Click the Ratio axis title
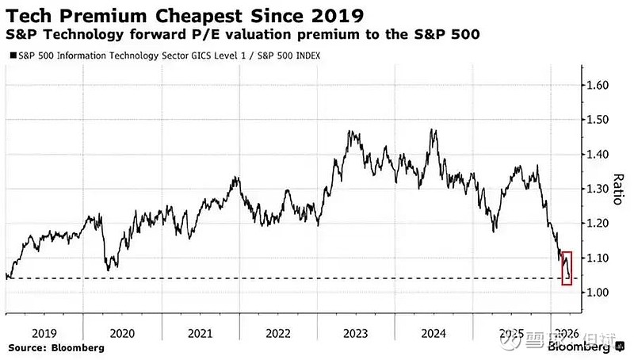617,190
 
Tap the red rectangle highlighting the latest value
566,267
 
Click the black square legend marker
10,56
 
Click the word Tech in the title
26,15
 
